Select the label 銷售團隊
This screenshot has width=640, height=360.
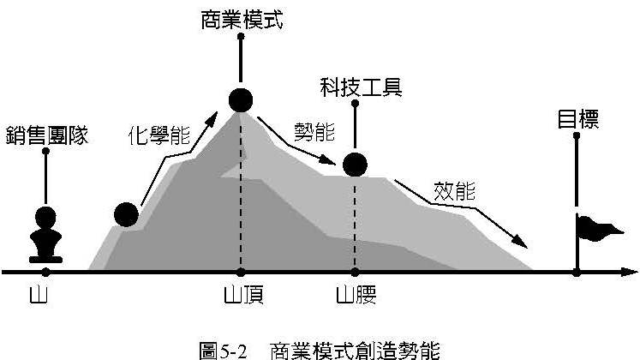click(46, 135)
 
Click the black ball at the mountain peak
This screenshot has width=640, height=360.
click(242, 100)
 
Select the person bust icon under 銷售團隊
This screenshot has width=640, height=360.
click(45, 234)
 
